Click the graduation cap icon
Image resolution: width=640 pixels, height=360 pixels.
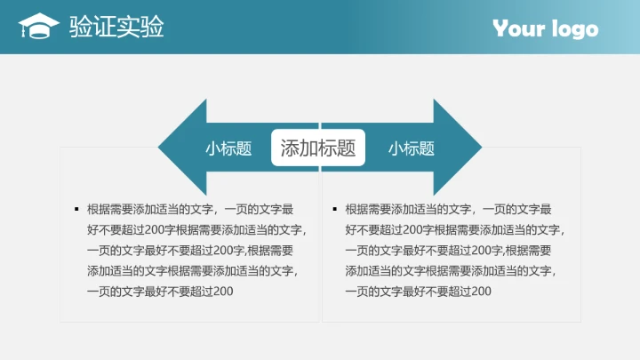pyautogui.click(x=38, y=27)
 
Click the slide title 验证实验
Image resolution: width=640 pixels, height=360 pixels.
pyautogui.click(x=116, y=28)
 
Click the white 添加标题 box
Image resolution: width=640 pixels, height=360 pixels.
pyautogui.click(x=318, y=148)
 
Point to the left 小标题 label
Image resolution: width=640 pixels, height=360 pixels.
pyautogui.click(x=228, y=148)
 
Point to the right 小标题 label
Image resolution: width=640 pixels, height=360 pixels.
pyautogui.click(x=411, y=148)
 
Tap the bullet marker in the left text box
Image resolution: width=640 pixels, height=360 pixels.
pyautogui.click(x=76, y=210)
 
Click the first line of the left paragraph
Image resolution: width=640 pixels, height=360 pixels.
pyautogui.click(x=189, y=210)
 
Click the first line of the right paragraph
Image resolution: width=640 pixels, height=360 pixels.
pyautogui.click(x=448, y=210)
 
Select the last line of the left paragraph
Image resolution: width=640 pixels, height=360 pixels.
pyautogui.click(x=160, y=292)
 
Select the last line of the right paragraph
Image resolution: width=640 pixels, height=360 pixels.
pyautogui.click(x=418, y=292)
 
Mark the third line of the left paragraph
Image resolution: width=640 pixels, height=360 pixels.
pyautogui.click(x=189, y=251)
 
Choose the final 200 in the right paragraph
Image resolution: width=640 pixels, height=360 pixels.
pyautogui.click(x=481, y=292)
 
